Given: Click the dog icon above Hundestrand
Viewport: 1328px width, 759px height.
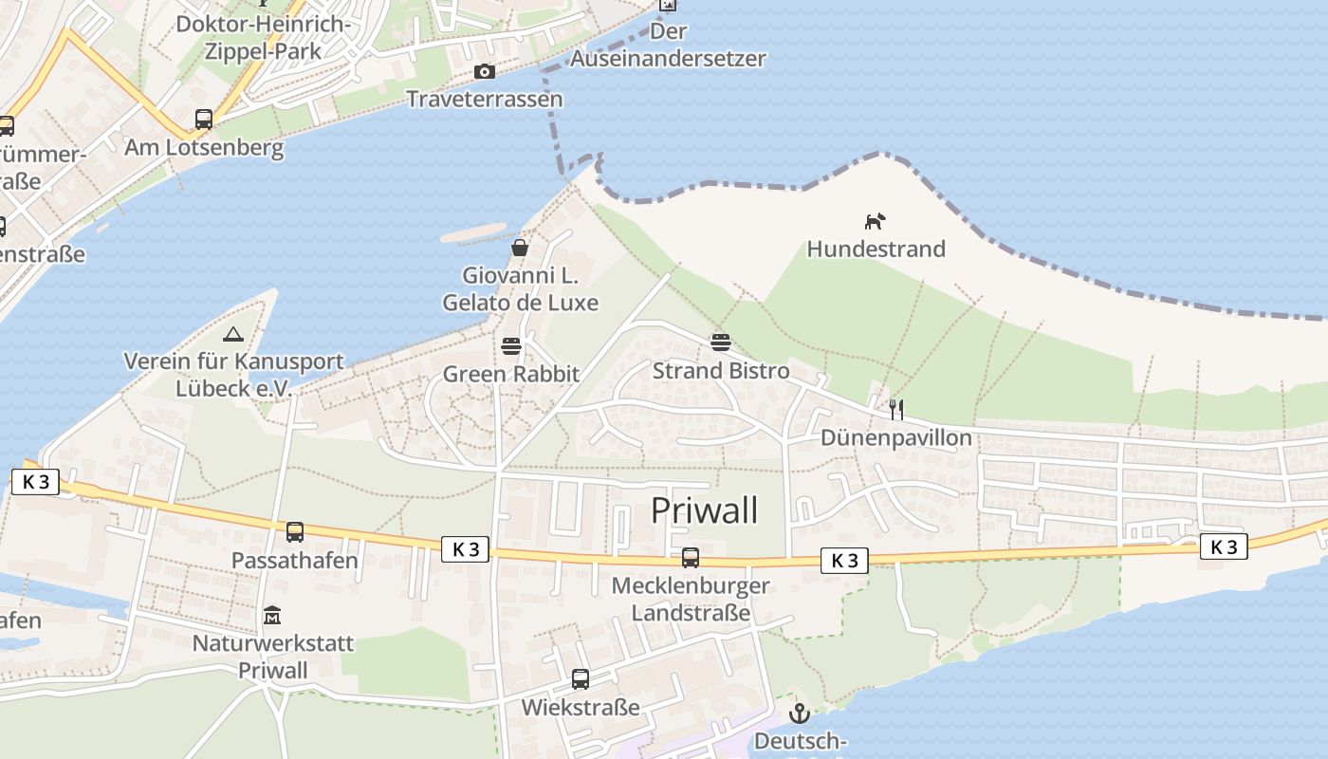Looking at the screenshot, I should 874,221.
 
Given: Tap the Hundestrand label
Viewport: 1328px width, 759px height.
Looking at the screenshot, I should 876,249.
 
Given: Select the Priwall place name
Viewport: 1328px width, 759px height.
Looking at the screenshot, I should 704,510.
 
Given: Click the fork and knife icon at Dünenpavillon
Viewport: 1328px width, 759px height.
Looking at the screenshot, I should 895,409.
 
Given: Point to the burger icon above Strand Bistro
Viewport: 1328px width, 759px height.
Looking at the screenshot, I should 721,342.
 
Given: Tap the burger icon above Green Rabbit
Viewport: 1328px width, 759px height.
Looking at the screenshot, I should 511,345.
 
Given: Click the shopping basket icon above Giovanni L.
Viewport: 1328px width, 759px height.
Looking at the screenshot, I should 520,248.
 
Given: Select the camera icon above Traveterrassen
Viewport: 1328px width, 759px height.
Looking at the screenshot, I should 485,71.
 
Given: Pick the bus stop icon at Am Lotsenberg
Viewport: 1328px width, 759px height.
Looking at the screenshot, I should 204,120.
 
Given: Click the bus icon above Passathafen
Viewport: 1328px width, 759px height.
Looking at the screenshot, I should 295,532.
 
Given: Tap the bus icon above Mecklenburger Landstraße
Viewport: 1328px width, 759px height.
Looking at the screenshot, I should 691,558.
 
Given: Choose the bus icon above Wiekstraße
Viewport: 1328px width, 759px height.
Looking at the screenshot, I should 581,679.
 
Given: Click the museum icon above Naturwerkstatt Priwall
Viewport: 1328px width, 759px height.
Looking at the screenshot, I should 272,616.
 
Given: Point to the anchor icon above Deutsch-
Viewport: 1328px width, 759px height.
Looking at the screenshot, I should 800,713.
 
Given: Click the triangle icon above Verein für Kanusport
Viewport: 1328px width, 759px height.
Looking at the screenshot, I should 232,334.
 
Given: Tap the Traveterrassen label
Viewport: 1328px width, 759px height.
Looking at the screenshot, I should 485,99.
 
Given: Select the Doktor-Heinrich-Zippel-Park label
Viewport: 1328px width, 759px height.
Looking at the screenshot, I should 264,37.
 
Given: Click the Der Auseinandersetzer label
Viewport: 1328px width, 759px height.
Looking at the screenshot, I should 668,45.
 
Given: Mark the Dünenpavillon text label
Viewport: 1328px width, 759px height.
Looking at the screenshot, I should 895,437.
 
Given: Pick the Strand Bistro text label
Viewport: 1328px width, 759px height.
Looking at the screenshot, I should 721,370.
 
